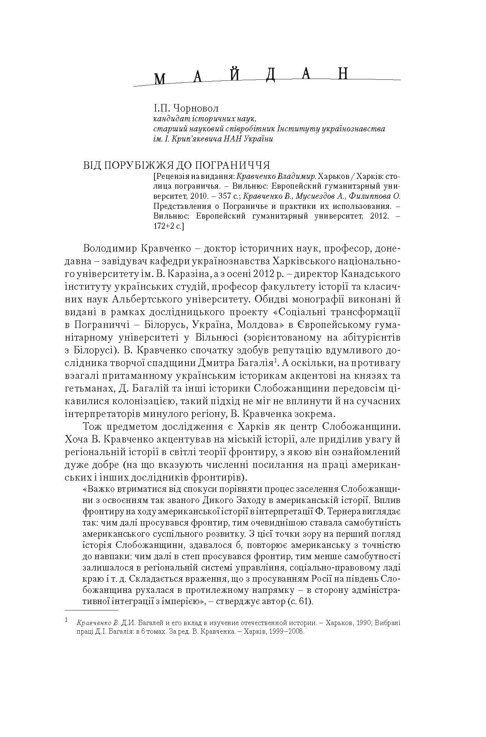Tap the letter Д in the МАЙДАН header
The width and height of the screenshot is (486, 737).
[270, 75]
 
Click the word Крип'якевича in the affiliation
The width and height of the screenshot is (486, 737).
[194, 139]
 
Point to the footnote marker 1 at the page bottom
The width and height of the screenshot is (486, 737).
[67, 620]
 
